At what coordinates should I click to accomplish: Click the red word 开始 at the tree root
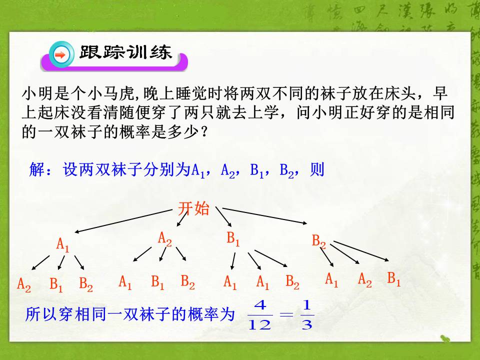click(194, 209)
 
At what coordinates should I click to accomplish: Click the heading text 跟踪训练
click(125, 53)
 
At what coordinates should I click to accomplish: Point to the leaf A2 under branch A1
click(24, 284)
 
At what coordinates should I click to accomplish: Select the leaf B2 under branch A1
click(86, 284)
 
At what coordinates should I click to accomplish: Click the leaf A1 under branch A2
click(125, 282)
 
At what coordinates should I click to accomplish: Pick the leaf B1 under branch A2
click(158, 282)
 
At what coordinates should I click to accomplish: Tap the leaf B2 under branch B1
click(292, 283)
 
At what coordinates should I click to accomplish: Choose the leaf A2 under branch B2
click(365, 280)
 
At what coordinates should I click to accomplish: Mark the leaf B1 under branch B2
click(394, 279)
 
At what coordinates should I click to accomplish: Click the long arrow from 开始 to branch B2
click(265, 215)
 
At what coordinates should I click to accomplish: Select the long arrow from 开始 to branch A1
click(125, 220)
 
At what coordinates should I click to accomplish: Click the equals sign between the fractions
click(285, 315)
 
